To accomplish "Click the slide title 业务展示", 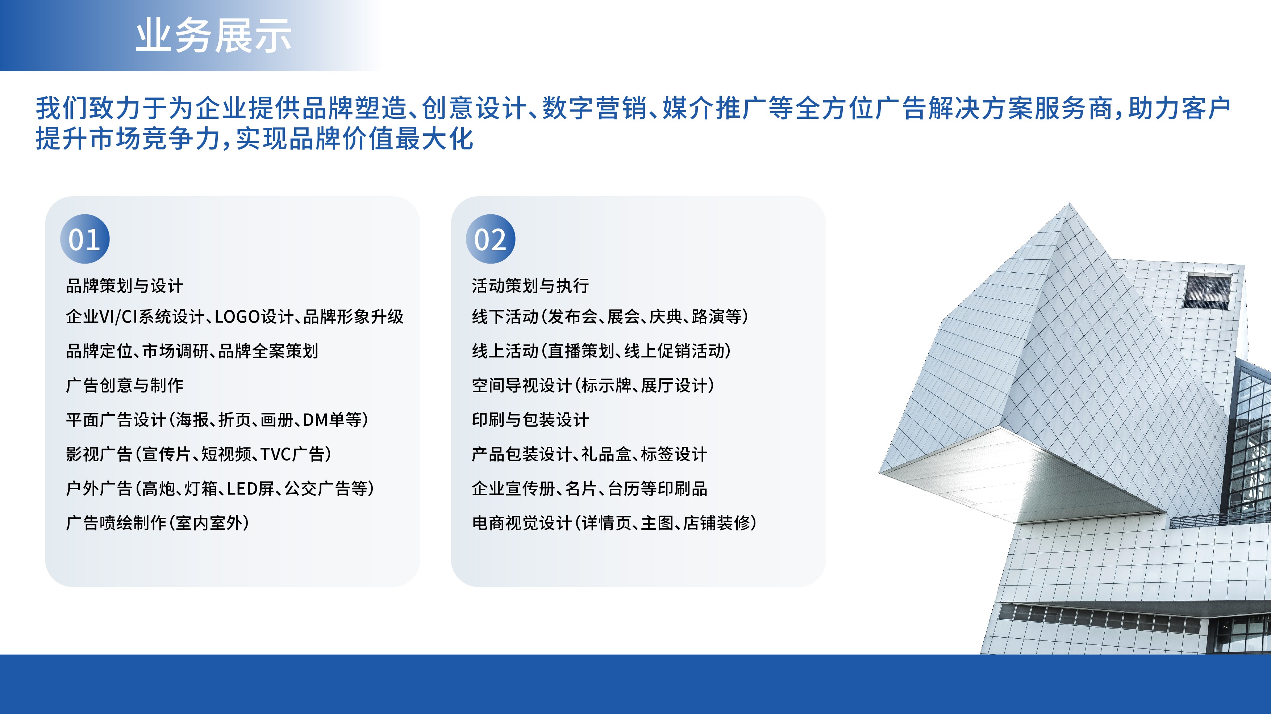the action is click(213, 35).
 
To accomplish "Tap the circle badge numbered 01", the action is click(85, 239).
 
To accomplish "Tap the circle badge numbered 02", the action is click(491, 239).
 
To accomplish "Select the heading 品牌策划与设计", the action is click(124, 286).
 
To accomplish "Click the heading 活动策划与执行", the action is click(530, 286).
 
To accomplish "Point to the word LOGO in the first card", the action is click(237, 316).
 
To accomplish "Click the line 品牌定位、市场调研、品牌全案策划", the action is click(192, 351).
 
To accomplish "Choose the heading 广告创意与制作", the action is click(124, 385).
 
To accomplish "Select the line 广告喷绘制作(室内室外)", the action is click(157, 523).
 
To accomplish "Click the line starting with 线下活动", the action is click(610, 316).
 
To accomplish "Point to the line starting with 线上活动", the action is click(601, 351).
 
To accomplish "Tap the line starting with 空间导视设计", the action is click(593, 385).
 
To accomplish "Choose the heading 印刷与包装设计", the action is click(530, 420).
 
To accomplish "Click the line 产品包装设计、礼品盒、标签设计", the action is click(589, 454).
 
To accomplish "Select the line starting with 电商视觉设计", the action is click(614, 523).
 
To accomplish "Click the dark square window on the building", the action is click(1207, 291).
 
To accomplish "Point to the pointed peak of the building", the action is click(1069, 203).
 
